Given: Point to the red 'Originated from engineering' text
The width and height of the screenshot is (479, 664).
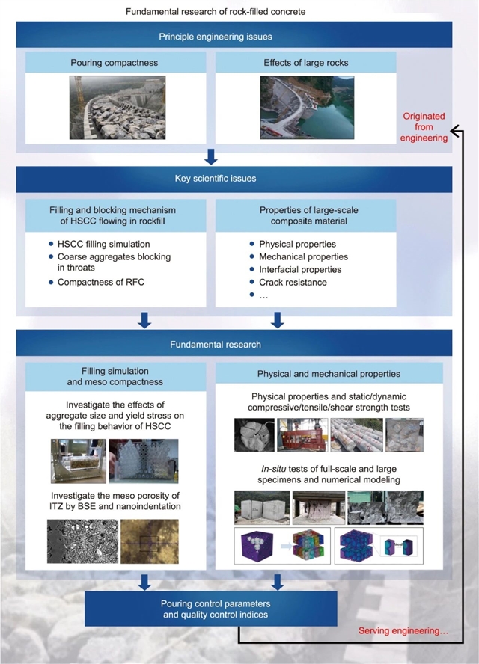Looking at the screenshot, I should click(x=424, y=127).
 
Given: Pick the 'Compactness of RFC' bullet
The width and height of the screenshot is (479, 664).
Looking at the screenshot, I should click(x=97, y=282).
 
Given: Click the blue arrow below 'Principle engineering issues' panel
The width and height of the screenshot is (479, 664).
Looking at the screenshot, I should click(x=211, y=156).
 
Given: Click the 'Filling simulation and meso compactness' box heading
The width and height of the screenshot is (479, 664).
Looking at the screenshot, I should click(x=115, y=376).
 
